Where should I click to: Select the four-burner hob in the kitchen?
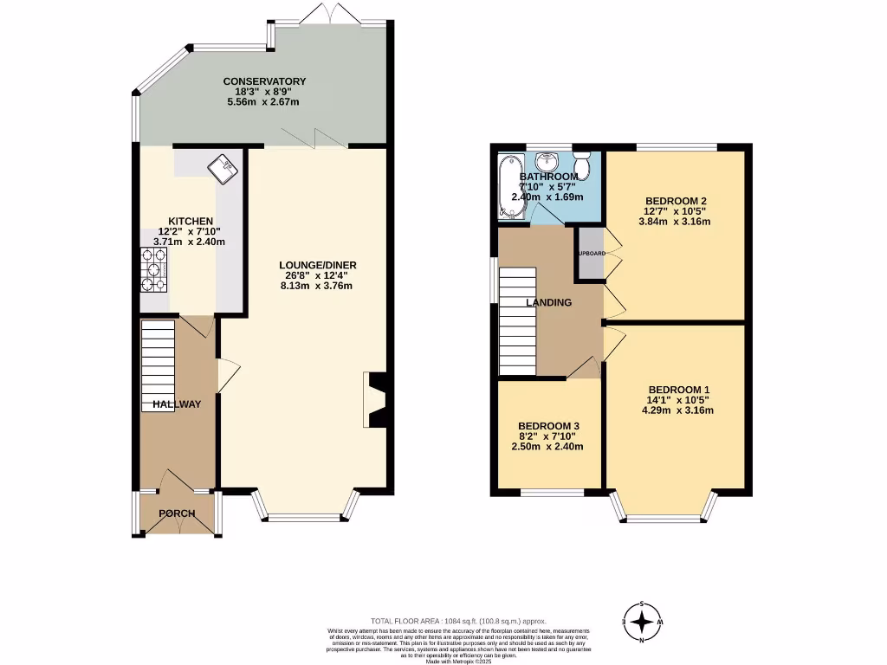[x=154, y=269]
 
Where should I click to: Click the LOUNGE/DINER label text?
[x=318, y=265]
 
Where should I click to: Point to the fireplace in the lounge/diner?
[x=377, y=400]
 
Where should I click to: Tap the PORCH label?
[x=177, y=513]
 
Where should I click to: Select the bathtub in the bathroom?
[x=507, y=185]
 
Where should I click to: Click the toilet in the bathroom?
[x=582, y=163]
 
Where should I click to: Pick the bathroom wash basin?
[x=547, y=162]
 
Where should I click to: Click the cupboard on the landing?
[x=592, y=253]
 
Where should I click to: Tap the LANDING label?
[x=549, y=302]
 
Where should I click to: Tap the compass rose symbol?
[x=642, y=621]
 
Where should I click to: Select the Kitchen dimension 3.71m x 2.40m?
[x=189, y=242]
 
